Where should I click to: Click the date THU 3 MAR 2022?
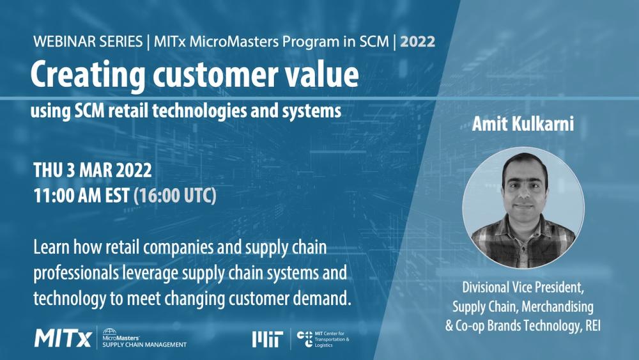(92, 171)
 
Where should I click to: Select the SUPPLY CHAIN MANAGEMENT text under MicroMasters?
(144, 345)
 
